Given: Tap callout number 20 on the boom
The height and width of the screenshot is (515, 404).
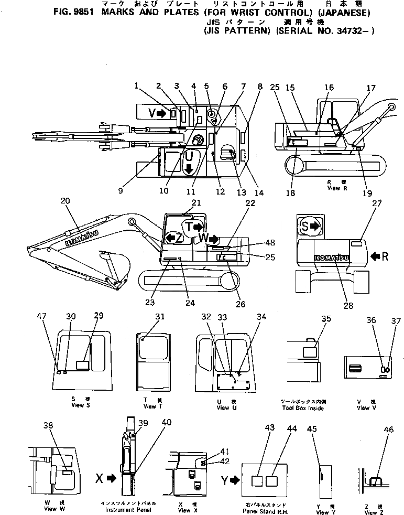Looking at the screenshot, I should (65, 201).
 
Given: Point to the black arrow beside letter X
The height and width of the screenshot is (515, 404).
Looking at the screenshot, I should (111, 478).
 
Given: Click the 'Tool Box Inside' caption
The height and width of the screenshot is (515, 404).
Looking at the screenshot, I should (302, 407).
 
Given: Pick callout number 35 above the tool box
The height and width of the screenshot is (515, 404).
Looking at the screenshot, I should (326, 319).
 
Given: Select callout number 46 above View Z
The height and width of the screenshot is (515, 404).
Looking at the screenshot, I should (388, 430).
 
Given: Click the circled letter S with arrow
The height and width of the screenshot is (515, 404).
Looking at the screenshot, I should (309, 227).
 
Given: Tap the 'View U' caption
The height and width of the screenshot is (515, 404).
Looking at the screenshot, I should (223, 407).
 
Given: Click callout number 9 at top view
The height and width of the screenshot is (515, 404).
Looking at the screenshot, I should (121, 191).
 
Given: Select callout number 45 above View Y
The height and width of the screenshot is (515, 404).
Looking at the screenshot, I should (312, 429).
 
